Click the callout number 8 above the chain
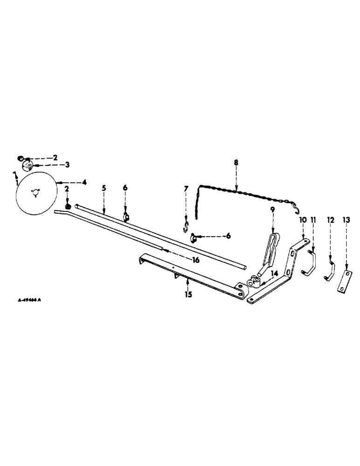(236, 163)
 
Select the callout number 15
(187, 295)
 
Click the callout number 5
(104, 188)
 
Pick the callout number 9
(272, 210)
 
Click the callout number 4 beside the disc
(84, 182)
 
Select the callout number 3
(67, 164)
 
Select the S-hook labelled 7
(186, 227)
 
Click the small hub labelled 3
(28, 166)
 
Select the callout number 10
(302, 219)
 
